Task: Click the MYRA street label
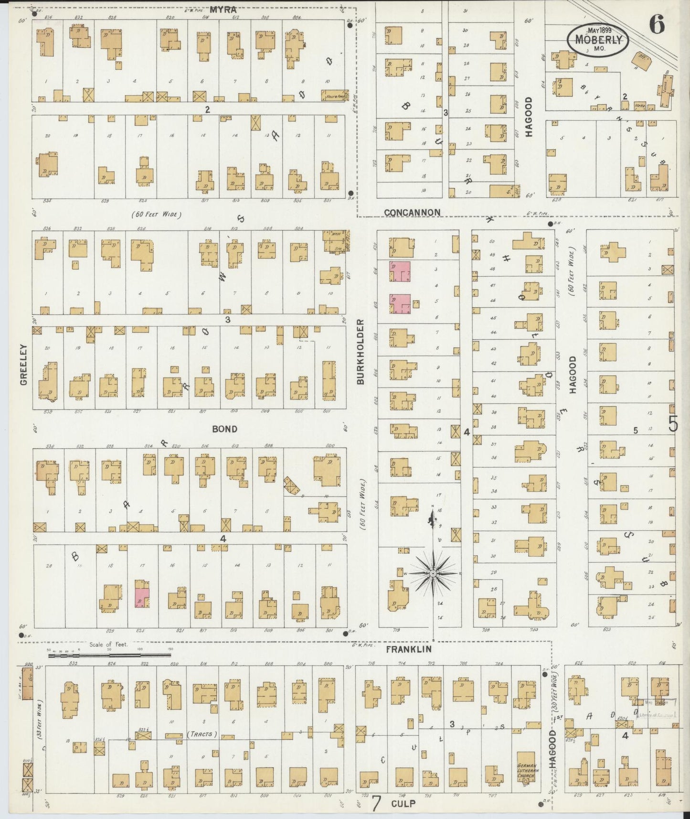coord(224,9)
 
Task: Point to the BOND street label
coord(224,429)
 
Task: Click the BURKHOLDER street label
coord(361,352)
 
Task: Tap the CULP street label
coord(403,804)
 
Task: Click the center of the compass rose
coord(433,573)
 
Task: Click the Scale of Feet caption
coord(108,645)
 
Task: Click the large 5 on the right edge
coord(673,424)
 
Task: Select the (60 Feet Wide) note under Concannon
coord(157,215)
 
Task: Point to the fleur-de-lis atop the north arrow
coord(433,517)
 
